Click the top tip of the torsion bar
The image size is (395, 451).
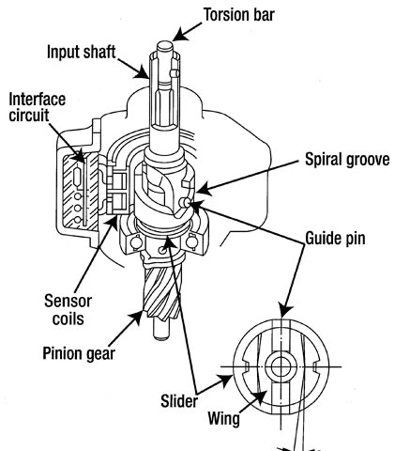[x=165, y=43]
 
